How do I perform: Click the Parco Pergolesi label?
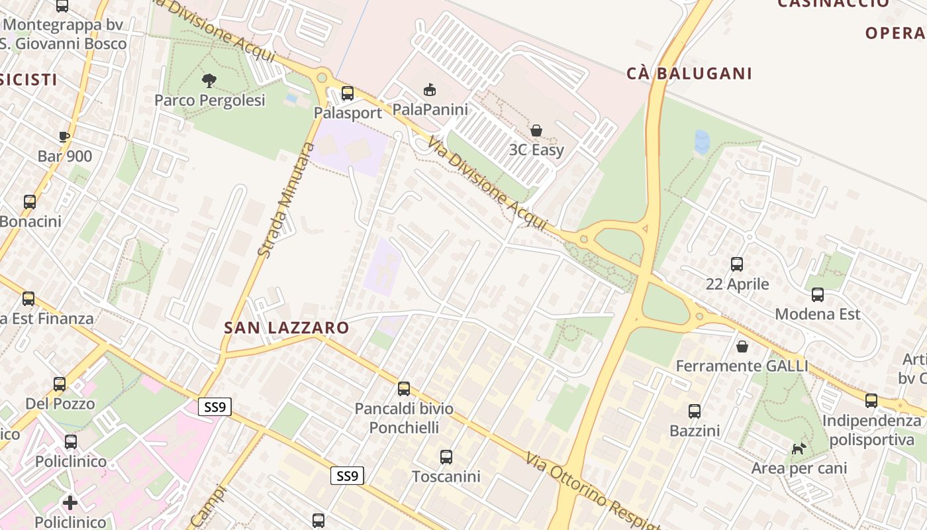209,100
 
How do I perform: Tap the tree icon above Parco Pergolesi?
209,81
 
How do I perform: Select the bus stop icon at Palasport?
347,93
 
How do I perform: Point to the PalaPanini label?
430,109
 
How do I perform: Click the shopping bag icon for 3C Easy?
536,131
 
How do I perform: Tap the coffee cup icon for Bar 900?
64,137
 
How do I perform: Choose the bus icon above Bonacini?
30,202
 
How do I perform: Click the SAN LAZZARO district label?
286,327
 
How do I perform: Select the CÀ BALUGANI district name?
689,74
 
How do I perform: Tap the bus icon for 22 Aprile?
736,264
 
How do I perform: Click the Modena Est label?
817,313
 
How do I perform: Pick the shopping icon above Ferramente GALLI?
742,346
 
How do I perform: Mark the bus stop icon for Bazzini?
694,411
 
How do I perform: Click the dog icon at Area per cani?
799,449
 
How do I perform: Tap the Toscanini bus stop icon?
446,456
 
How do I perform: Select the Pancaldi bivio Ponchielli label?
404,418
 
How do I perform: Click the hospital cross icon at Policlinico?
70,502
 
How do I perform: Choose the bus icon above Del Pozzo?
60,384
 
